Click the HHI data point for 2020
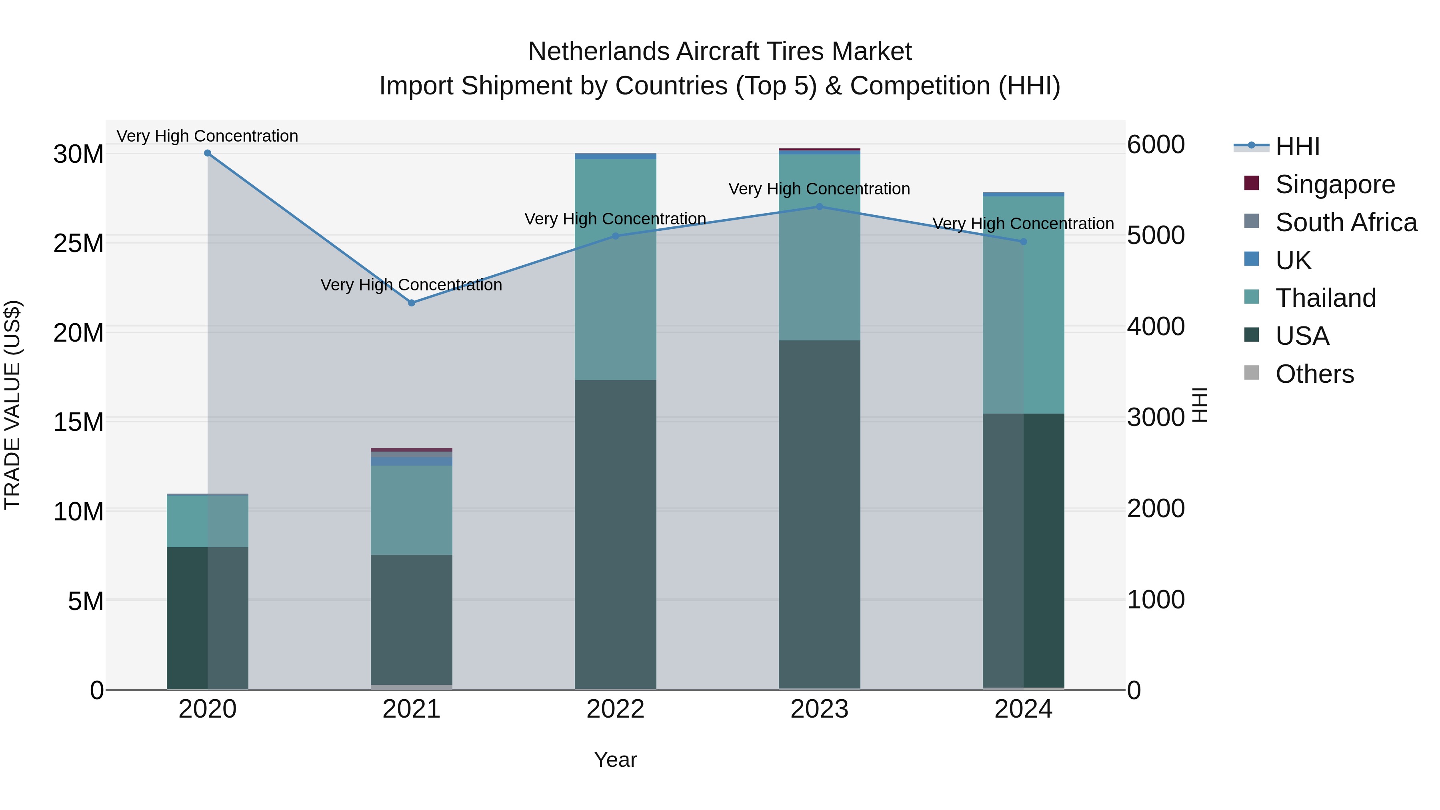pos(207,153)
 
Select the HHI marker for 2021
pos(412,303)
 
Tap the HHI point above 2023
pos(820,207)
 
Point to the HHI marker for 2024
pos(1024,242)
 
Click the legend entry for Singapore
pos(1335,184)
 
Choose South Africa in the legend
pos(1346,222)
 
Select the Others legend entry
pos(1314,374)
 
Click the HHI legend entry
pos(1297,146)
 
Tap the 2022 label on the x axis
pos(616,709)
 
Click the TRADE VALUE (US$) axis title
pos(12,405)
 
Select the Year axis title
pos(616,760)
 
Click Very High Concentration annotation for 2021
pos(412,285)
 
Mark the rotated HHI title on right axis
pos(1200,405)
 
